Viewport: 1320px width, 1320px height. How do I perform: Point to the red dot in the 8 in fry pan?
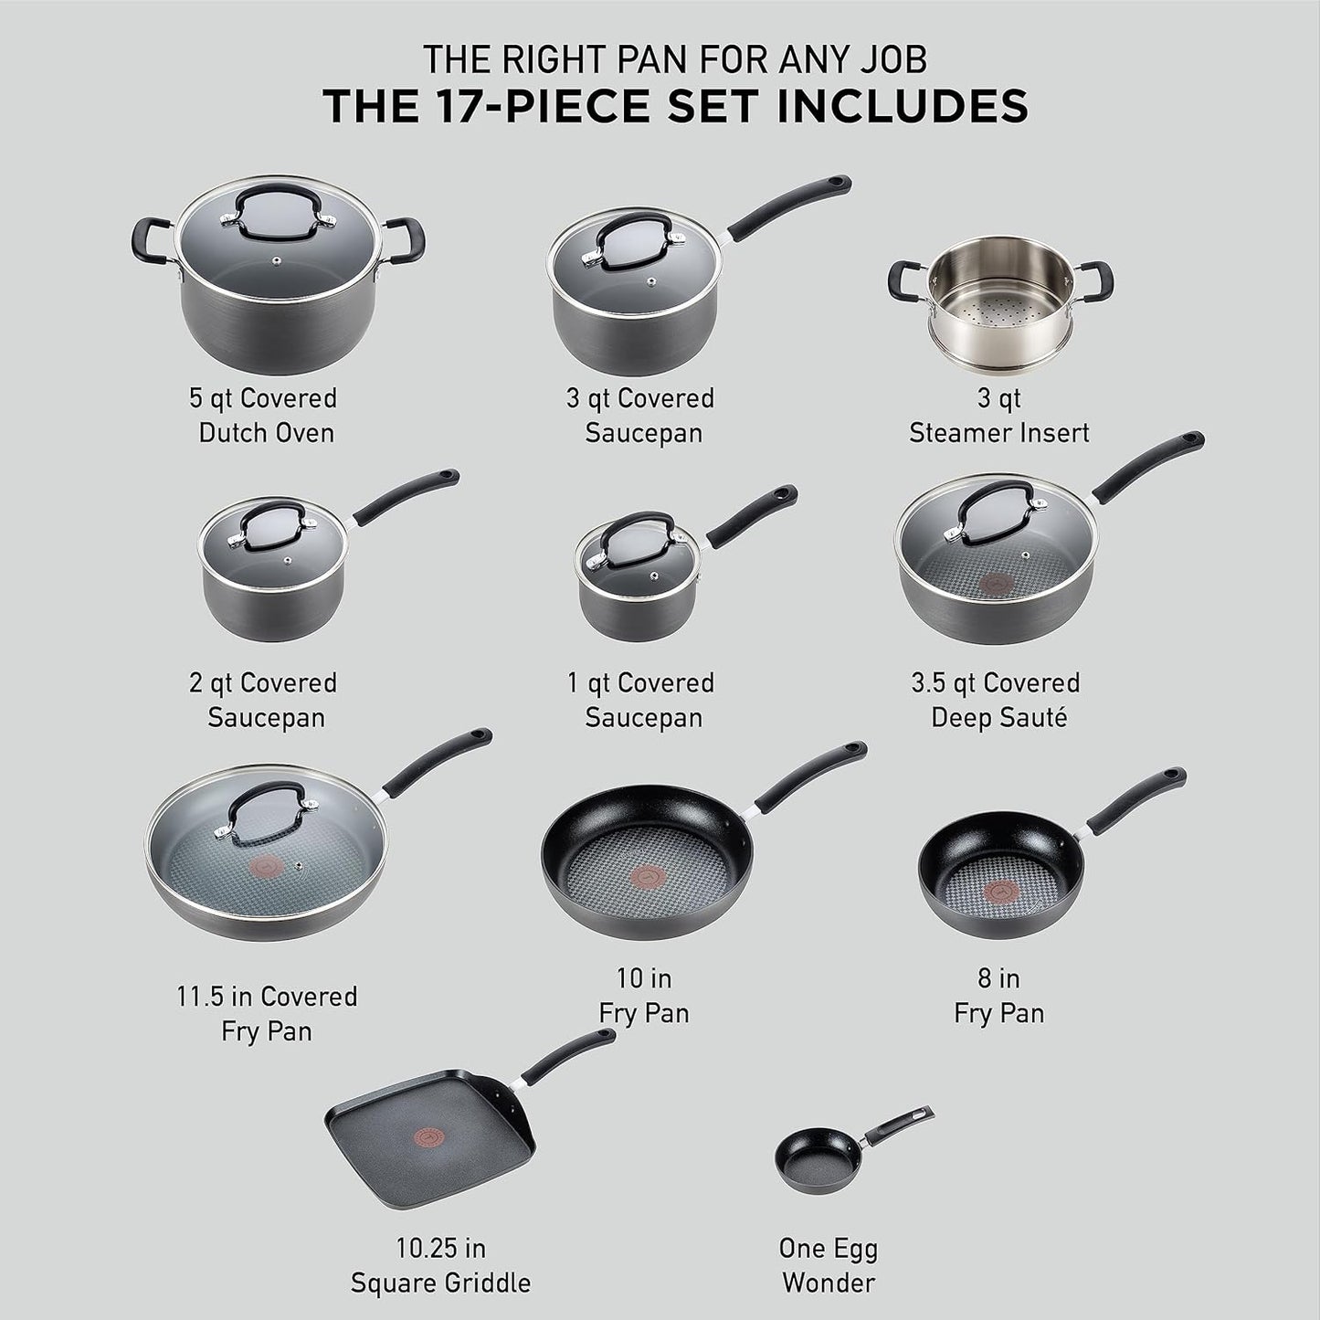[x=998, y=892]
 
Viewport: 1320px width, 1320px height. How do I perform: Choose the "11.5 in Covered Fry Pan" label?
[x=267, y=1013]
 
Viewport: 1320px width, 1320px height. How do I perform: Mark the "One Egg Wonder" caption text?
[x=829, y=1265]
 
